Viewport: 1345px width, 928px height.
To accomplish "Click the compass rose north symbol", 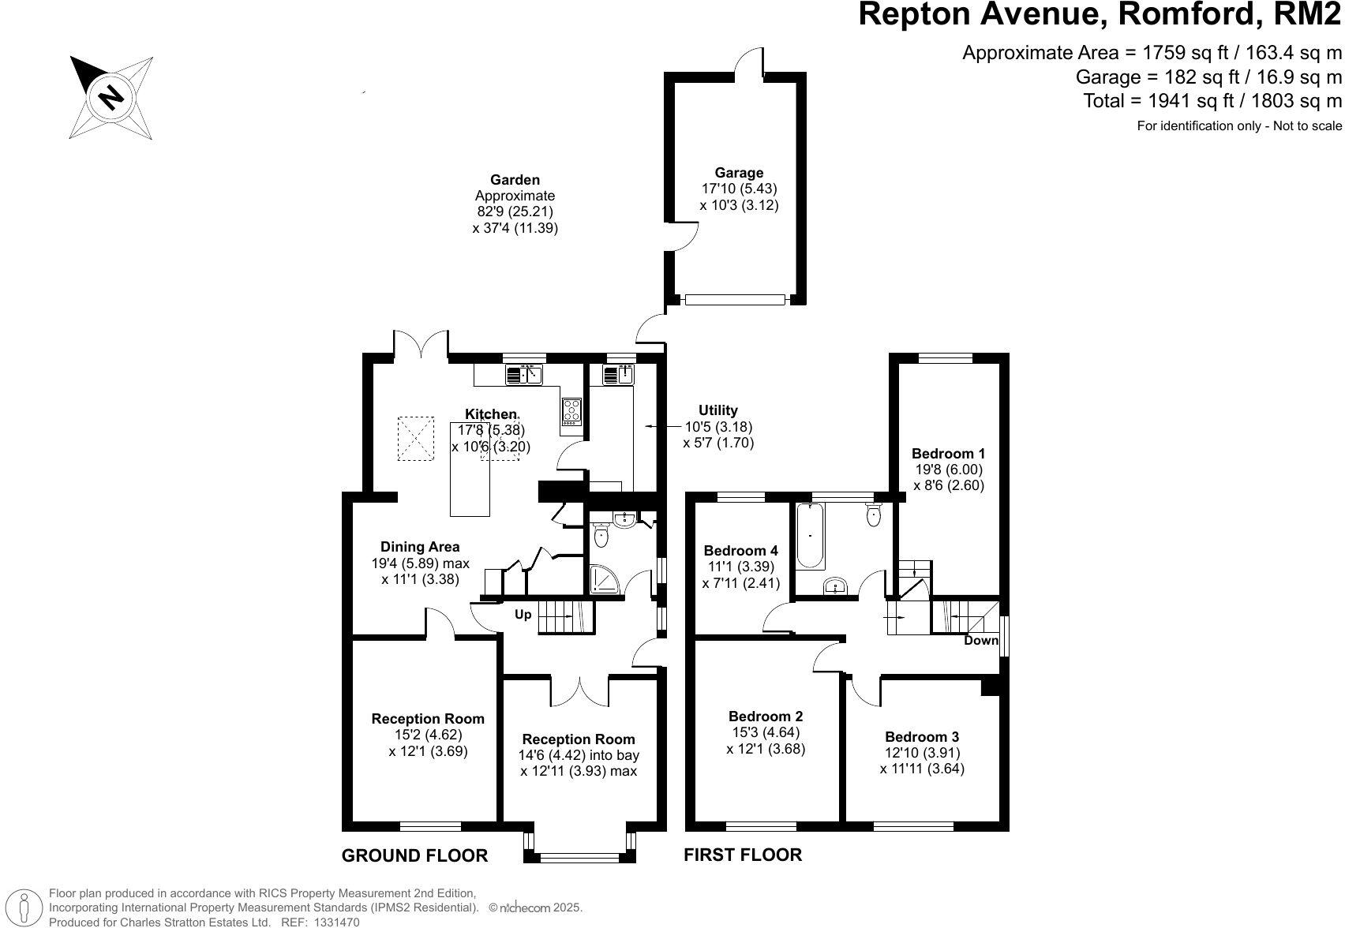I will tap(111, 96).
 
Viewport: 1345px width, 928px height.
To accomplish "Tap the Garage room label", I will tap(739, 173).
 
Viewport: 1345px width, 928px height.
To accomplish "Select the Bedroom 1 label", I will tap(948, 454).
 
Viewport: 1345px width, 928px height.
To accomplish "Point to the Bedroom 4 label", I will tap(740, 551).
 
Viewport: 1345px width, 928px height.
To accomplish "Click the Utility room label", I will tap(717, 410).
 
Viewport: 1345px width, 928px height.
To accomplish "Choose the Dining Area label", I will tap(420, 547).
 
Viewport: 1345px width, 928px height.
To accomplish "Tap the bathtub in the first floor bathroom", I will tap(811, 537).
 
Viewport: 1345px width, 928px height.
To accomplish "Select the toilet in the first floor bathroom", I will tap(873, 515).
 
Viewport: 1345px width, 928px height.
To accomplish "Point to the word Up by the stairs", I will tap(523, 615).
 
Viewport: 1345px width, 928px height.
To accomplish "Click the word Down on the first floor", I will tap(981, 640).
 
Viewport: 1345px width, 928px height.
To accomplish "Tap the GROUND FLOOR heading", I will tap(414, 855).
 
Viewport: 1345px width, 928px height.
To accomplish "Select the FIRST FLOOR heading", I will tap(742, 855).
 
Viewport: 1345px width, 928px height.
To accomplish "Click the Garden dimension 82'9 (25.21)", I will tap(515, 211).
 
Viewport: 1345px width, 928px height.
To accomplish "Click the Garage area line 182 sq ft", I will tap(1208, 77).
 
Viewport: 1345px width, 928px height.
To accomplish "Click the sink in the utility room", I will tap(620, 375).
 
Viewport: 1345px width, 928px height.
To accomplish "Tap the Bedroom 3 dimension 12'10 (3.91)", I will tap(921, 753).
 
